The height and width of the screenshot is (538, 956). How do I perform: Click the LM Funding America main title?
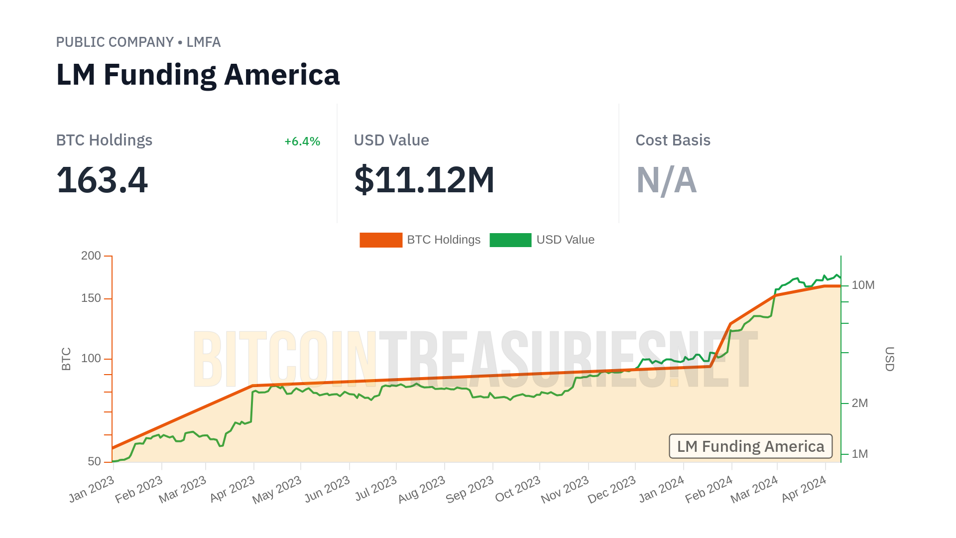198,75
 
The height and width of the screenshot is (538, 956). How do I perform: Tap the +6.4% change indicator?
302,141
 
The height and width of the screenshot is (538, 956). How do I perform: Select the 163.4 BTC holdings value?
102,180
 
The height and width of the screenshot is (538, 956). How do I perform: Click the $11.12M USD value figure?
424,180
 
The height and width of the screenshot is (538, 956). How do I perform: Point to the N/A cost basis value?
666,180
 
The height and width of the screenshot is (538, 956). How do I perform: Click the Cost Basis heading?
673,140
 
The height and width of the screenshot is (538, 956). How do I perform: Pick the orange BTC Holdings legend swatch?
381,240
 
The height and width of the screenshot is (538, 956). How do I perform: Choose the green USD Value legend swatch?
510,240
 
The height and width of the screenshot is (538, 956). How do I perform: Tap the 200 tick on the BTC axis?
91,256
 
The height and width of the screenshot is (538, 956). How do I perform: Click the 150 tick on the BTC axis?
91,298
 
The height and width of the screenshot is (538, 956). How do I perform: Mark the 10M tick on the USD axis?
863,285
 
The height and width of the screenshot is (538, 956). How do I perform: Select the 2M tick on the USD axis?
859,403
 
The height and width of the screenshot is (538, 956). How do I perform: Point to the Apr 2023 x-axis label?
233,489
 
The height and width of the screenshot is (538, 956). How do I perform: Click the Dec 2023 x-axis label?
611,490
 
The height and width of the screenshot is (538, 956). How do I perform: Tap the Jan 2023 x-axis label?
92,489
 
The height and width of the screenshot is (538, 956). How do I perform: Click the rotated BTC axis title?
66,359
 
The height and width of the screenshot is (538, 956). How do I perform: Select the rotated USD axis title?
889,359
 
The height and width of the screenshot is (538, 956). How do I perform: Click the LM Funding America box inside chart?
750,446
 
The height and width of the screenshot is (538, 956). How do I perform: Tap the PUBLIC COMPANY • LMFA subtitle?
138,42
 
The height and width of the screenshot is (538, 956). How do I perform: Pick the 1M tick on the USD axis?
859,454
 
